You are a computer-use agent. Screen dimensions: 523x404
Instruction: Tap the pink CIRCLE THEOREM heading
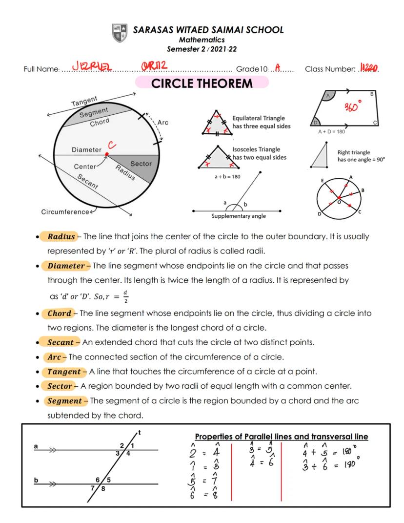(x=202, y=83)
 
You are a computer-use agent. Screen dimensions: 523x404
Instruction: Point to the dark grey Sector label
(x=141, y=164)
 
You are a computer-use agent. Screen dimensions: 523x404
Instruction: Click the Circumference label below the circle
(x=65, y=212)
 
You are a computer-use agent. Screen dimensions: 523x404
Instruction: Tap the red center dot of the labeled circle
(x=106, y=154)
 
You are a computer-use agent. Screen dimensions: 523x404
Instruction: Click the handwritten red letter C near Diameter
(x=112, y=145)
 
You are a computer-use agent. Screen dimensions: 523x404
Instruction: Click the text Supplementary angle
(x=238, y=216)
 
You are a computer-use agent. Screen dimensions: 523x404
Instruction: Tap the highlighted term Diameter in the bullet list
(x=66, y=266)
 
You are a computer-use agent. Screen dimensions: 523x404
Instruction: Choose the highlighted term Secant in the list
(x=61, y=343)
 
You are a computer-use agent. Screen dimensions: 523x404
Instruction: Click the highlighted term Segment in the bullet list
(x=64, y=401)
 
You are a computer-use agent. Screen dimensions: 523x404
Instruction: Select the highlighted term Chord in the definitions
(x=59, y=313)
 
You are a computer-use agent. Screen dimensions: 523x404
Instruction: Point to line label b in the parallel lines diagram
(x=36, y=480)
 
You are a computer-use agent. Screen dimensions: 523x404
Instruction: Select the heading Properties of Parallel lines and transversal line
(x=282, y=437)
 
